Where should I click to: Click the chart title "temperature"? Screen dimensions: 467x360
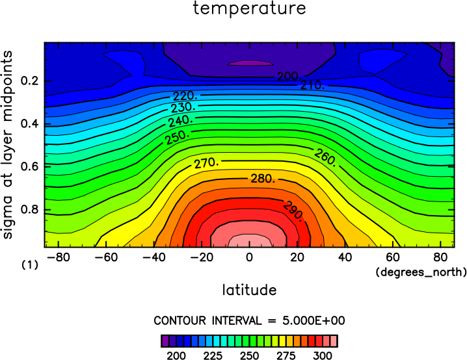(x=249, y=8)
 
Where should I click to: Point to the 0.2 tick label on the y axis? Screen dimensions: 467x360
(x=30, y=81)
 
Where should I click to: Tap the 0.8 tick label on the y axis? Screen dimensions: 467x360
(x=30, y=209)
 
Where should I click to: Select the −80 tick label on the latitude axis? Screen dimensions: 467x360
(x=59, y=257)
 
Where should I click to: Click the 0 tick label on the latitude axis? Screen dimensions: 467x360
(x=249, y=257)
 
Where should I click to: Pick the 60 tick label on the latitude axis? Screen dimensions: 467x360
(x=393, y=257)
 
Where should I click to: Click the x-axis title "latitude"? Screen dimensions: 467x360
(x=249, y=290)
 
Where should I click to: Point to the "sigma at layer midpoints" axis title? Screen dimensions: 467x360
(x=7, y=145)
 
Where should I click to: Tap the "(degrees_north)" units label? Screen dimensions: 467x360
(x=421, y=272)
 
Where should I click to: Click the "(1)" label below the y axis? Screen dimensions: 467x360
(x=30, y=264)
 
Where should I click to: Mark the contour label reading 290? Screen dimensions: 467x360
(x=293, y=211)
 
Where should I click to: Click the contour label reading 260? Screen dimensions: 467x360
(x=325, y=157)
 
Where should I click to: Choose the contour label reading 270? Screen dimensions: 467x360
(x=207, y=163)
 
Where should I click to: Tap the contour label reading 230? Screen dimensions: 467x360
(x=183, y=107)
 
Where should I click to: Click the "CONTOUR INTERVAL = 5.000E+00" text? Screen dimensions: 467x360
(x=249, y=321)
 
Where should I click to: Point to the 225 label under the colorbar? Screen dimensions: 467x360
(x=213, y=355)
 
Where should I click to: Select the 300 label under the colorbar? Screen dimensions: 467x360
(x=323, y=355)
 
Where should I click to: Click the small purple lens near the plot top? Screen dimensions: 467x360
(x=250, y=63)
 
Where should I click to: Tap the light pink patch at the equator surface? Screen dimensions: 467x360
(x=250, y=241)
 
